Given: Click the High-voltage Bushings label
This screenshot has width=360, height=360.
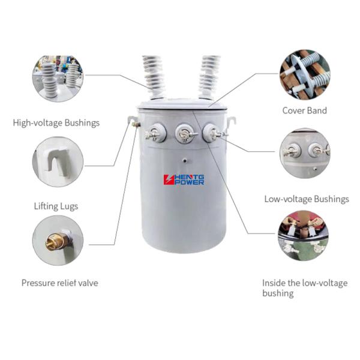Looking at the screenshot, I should pos(56,123).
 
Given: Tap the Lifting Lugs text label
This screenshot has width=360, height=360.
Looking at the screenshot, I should pos(56,206).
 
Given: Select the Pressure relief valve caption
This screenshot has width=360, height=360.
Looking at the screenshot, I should pos(59,283).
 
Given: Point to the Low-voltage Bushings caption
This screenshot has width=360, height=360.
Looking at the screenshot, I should pos(307,199).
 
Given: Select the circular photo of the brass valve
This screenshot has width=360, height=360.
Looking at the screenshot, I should pos(57,240).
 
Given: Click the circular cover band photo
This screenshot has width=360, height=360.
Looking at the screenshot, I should pos(304,74).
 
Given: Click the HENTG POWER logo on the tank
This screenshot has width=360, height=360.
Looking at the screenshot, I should pos(184,179).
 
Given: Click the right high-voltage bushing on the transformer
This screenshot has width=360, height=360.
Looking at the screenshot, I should pos(209,76).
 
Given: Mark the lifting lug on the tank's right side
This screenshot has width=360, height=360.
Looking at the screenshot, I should pos(231,122).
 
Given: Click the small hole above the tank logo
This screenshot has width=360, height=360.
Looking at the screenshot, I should pos(185,161).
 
